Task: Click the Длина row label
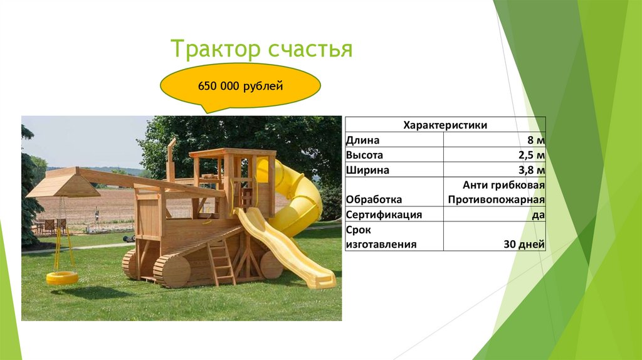[362, 140]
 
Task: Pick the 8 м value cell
[535, 140]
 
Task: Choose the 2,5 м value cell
[531, 155]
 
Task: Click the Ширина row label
[367, 170]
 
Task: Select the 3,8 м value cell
[531, 170]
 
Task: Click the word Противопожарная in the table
[496, 199]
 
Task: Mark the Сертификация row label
[383, 214]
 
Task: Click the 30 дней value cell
[524, 244]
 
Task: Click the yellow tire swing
[62, 278]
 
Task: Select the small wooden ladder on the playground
[221, 262]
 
